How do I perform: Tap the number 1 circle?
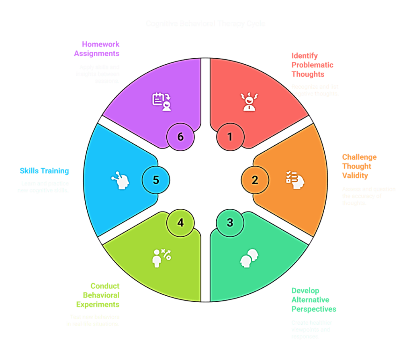coord(230,137)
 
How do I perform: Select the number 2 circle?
coord(255,180)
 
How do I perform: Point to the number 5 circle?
coord(156,180)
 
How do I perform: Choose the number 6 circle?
coord(180,137)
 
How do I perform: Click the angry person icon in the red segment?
coord(249,101)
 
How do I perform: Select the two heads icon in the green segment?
coord(249,258)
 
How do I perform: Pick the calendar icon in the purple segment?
coord(162,101)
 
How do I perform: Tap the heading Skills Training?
coord(45,171)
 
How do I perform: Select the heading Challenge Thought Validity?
coord(359,166)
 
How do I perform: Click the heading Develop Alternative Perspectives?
coord(314,300)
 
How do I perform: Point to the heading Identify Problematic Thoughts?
coord(312,65)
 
